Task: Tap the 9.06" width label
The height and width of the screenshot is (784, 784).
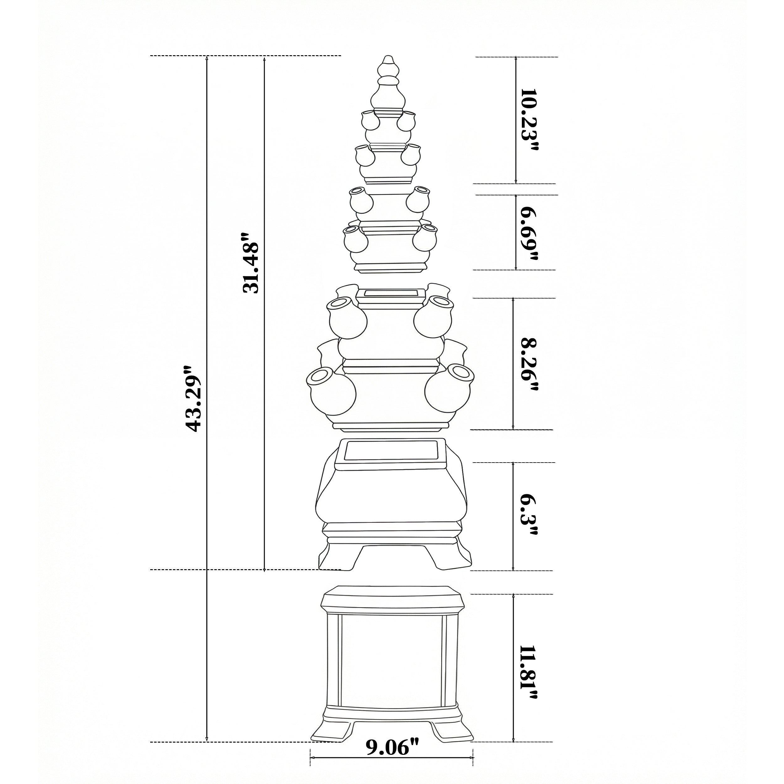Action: tap(392, 747)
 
